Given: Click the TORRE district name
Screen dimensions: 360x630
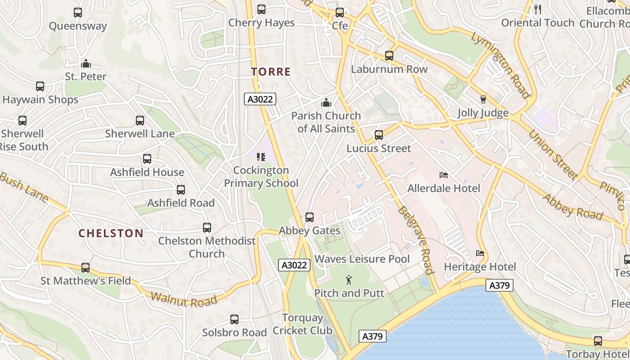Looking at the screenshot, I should pyautogui.click(x=271, y=72).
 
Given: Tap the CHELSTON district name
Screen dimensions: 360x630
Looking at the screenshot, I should pyautogui.click(x=111, y=233).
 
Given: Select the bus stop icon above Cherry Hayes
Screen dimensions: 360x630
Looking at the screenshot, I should pyautogui.click(x=261, y=9).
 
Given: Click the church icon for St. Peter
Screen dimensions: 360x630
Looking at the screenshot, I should pyautogui.click(x=85, y=63).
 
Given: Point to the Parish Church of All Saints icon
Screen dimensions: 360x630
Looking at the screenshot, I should pyautogui.click(x=326, y=103).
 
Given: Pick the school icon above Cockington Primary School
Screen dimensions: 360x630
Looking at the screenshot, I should pyautogui.click(x=261, y=157).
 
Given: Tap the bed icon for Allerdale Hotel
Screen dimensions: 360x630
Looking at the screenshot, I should pyautogui.click(x=444, y=175).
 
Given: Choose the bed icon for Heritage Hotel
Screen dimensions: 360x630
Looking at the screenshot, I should pyautogui.click(x=480, y=253).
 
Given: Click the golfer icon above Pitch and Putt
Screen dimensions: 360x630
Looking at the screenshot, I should pyautogui.click(x=349, y=280).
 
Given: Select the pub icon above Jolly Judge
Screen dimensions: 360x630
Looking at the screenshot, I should pyautogui.click(x=483, y=99).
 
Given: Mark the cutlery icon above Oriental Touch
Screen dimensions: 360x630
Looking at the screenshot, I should pyautogui.click(x=537, y=9).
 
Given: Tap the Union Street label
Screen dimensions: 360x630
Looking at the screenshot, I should pyautogui.click(x=552, y=154).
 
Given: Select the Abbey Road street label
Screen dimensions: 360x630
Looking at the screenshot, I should pyautogui.click(x=572, y=206).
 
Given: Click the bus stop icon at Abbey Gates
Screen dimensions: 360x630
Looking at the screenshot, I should pyautogui.click(x=310, y=217).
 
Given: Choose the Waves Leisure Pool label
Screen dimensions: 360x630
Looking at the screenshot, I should pyautogui.click(x=362, y=259).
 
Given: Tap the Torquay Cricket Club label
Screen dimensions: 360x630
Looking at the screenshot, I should pyautogui.click(x=302, y=324).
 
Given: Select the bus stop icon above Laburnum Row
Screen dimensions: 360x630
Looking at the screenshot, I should pyautogui.click(x=389, y=56).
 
